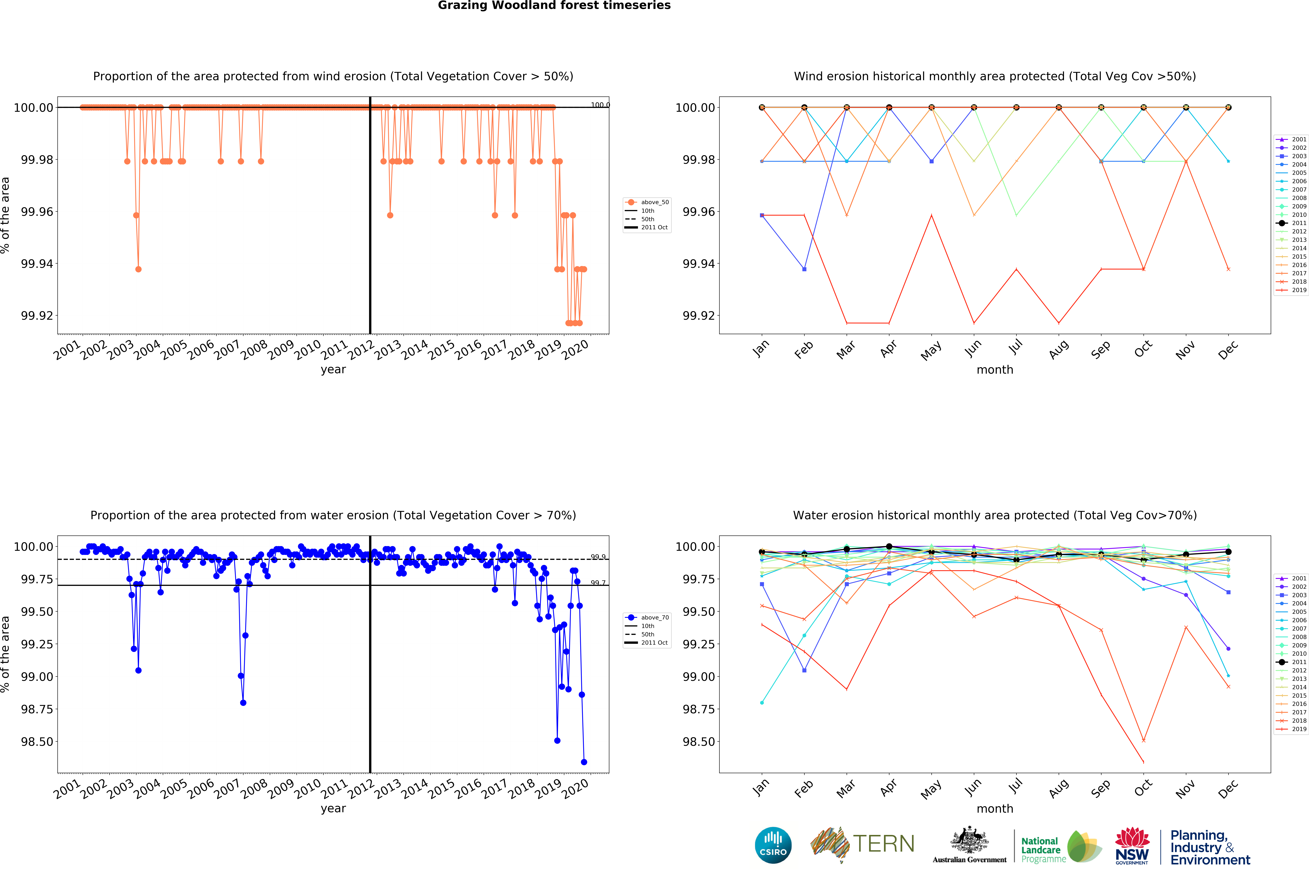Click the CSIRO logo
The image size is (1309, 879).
tap(773, 845)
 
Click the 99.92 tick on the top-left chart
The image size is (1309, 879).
tap(37, 316)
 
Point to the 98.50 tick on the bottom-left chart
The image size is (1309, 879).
tap(37, 742)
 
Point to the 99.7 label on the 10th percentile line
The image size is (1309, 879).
tap(598, 583)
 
